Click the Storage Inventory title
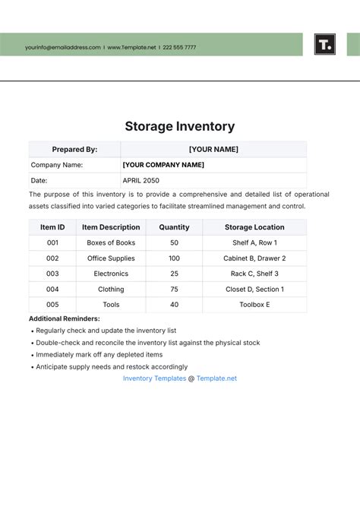179,126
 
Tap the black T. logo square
324,44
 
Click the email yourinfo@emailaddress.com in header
62,47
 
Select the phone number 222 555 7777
180,47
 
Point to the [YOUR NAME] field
213,149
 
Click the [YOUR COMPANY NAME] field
163,164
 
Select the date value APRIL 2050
141,180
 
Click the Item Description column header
111,227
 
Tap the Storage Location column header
254,227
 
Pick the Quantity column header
174,227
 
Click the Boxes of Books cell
111,242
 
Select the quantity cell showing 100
174,258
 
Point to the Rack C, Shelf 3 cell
254,274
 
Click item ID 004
52,289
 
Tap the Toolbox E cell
254,305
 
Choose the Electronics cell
111,274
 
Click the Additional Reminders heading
65,318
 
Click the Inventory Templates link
154,378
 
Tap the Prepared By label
74,149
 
